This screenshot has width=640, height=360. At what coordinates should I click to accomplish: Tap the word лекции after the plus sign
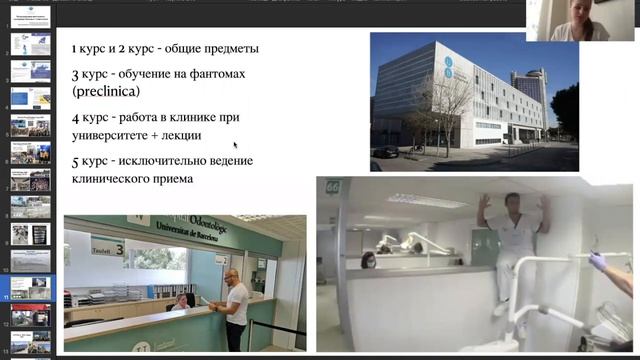[177, 135]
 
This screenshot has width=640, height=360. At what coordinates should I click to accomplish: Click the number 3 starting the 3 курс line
[75, 74]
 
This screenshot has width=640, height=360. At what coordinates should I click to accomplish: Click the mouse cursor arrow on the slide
[236, 145]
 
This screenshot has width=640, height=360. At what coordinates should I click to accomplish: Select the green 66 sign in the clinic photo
[332, 186]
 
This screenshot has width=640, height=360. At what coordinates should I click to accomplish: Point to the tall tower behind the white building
[526, 95]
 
